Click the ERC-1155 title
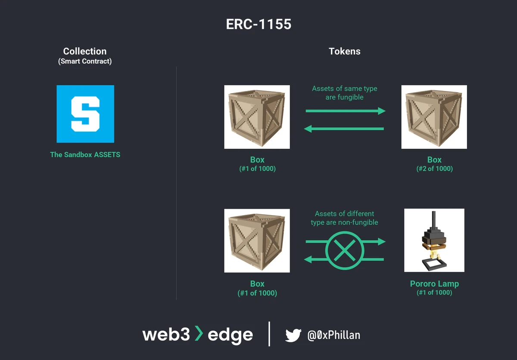click(x=258, y=24)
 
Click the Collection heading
click(x=85, y=51)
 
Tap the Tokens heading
click(x=345, y=51)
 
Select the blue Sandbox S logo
click(x=85, y=114)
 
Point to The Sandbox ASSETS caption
click(x=85, y=154)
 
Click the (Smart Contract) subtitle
click(x=85, y=61)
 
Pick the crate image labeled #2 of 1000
click(x=434, y=117)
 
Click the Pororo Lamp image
click(x=434, y=240)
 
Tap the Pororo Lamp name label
click(x=434, y=284)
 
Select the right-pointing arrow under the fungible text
click(x=345, y=111)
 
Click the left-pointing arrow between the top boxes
click(x=344, y=128)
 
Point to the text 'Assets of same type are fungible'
click(x=345, y=93)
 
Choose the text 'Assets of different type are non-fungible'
click(x=345, y=218)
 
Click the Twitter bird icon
click(x=293, y=335)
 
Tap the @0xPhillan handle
click(x=334, y=335)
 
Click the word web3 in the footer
click(x=166, y=335)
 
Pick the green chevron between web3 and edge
click(x=198, y=334)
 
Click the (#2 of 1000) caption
click(x=434, y=169)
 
